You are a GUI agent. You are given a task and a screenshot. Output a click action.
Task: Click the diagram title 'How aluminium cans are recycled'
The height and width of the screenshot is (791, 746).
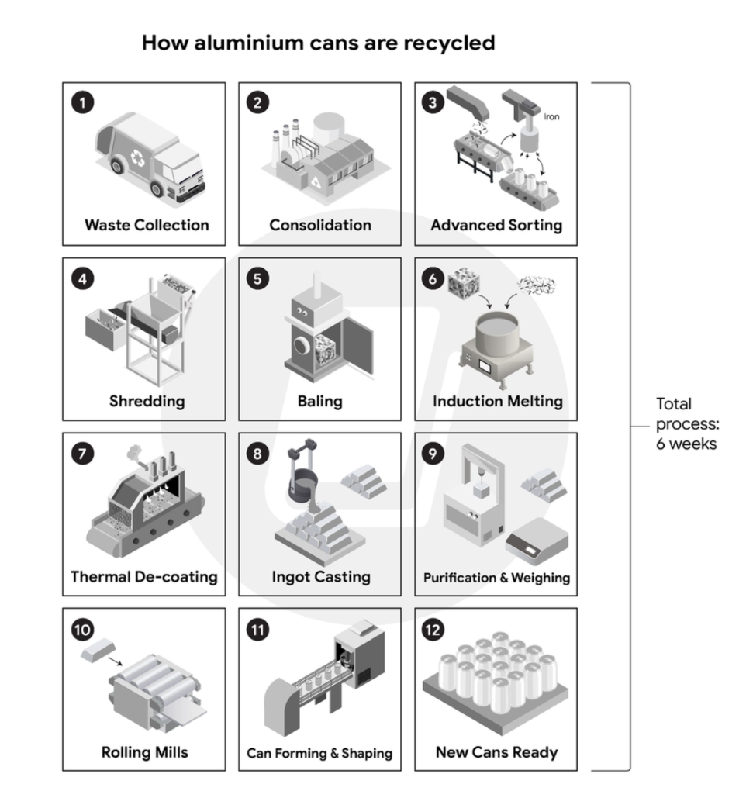pyautogui.click(x=318, y=43)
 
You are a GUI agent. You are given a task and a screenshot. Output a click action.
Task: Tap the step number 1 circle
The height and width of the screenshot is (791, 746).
pyautogui.click(x=83, y=103)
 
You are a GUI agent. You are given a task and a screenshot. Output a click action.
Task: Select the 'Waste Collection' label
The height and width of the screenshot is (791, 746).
pyautogui.click(x=147, y=225)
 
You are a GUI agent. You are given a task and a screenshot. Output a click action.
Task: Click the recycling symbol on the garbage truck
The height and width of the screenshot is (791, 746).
pyautogui.click(x=138, y=158)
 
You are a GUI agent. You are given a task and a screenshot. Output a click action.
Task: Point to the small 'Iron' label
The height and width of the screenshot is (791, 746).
pyautogui.click(x=551, y=116)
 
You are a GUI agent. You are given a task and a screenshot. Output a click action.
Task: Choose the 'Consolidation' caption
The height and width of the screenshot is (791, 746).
pyautogui.click(x=320, y=225)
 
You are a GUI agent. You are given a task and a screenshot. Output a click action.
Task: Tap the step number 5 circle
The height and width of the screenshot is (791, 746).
pyautogui.click(x=257, y=278)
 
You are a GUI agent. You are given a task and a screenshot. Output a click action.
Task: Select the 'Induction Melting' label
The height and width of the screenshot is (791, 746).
pyautogui.click(x=498, y=401)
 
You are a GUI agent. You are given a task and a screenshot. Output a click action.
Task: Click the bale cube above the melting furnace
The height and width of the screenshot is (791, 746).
pyautogui.click(x=464, y=283)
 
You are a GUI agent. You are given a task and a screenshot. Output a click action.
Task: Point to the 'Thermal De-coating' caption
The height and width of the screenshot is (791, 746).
pyautogui.click(x=144, y=577)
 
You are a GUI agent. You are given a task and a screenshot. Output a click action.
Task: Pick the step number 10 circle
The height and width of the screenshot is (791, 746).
pyautogui.click(x=83, y=630)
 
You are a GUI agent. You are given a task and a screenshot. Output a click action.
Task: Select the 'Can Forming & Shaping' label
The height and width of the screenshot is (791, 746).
pyautogui.click(x=319, y=753)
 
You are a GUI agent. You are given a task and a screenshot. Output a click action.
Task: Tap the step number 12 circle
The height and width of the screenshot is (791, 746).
pyautogui.click(x=433, y=630)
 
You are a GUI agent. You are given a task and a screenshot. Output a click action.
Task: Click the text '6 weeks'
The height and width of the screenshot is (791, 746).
pyautogui.click(x=686, y=444)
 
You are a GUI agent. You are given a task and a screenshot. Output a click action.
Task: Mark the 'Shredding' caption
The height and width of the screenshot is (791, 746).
pyautogui.click(x=147, y=402)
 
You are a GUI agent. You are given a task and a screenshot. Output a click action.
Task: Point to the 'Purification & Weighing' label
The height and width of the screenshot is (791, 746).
pyautogui.click(x=497, y=578)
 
